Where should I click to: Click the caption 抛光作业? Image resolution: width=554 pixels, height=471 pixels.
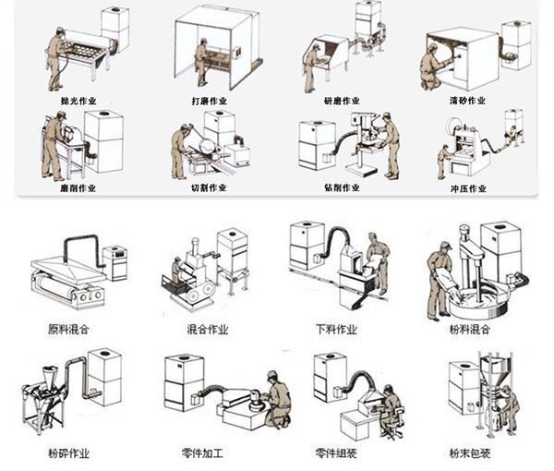click(x=76, y=99)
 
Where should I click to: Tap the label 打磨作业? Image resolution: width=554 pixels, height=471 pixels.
click(x=210, y=99)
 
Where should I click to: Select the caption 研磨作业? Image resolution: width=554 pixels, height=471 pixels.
click(x=341, y=99)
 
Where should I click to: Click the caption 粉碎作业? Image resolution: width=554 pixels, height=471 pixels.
click(x=67, y=453)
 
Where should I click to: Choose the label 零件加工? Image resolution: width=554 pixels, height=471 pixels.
click(x=206, y=453)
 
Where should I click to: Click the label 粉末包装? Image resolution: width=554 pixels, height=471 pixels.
click(x=470, y=453)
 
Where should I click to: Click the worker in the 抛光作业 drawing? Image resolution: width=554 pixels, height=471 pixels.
click(x=57, y=57)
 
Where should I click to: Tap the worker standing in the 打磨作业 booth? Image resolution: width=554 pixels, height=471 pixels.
click(x=201, y=62)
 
